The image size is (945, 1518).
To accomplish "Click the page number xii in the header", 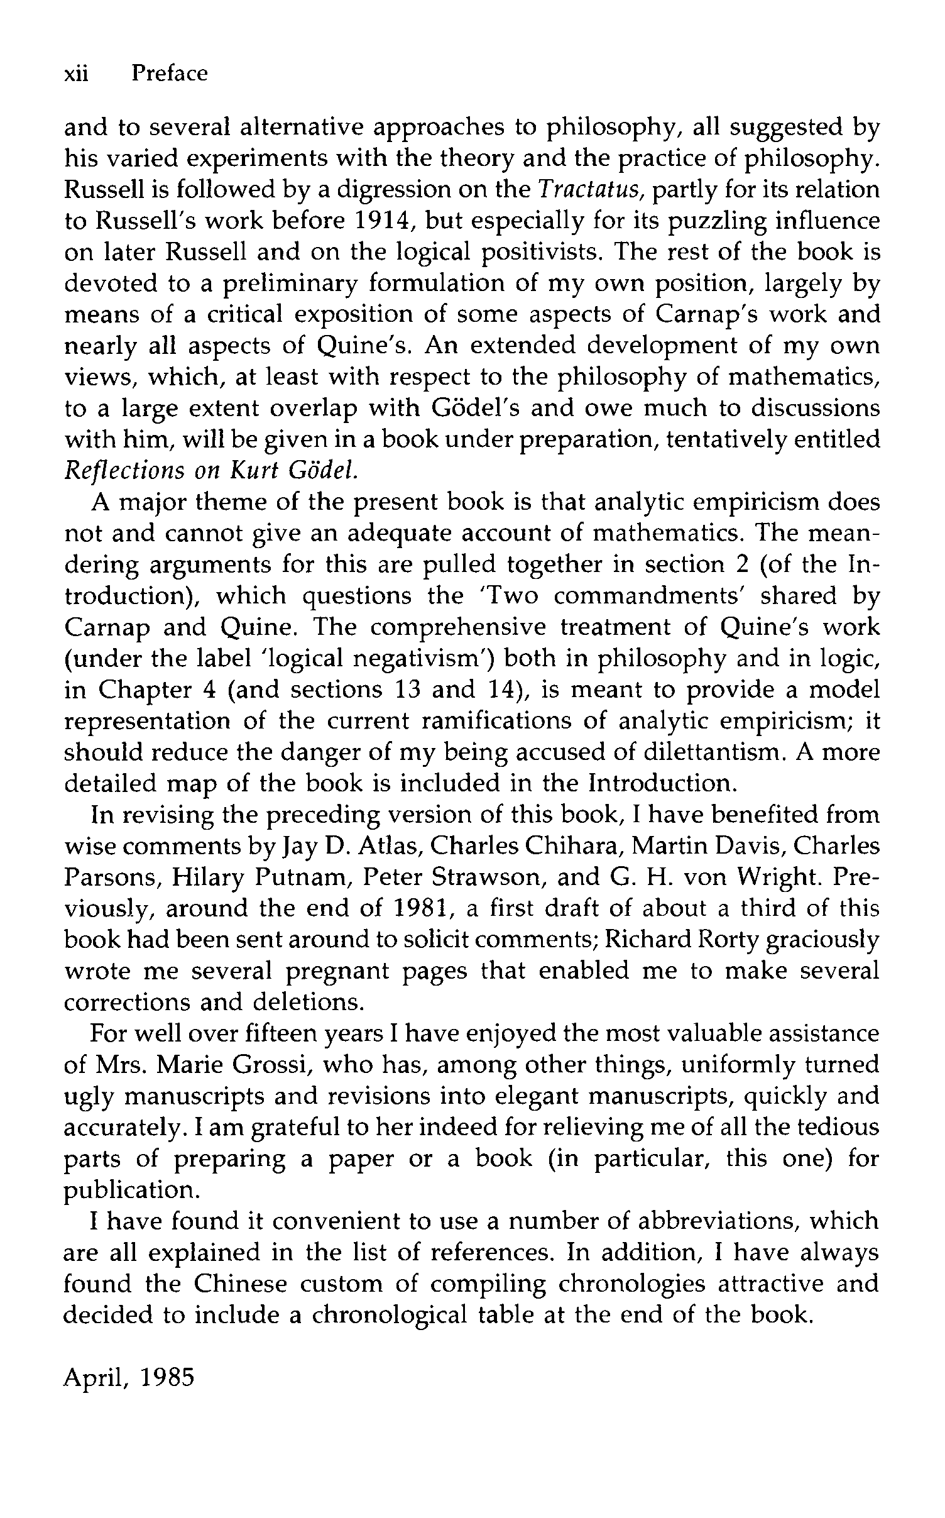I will click(x=77, y=74).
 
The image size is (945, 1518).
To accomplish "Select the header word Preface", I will click(x=169, y=74).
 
